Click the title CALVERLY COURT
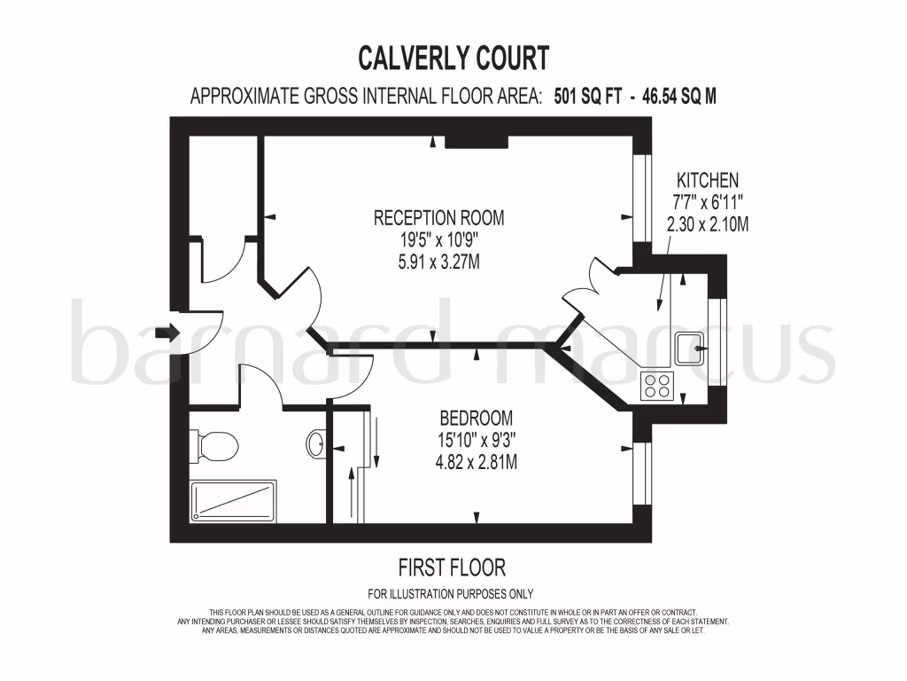pyautogui.click(x=453, y=58)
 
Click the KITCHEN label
pyautogui.click(x=707, y=179)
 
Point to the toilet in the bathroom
pyautogui.click(x=213, y=444)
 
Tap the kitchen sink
pyautogui.click(x=690, y=348)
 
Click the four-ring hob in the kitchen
pyautogui.click(x=657, y=385)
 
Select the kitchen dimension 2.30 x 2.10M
pyautogui.click(x=707, y=225)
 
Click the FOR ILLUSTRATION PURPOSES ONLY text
pyautogui.click(x=451, y=594)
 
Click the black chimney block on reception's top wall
pyautogui.click(x=476, y=141)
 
